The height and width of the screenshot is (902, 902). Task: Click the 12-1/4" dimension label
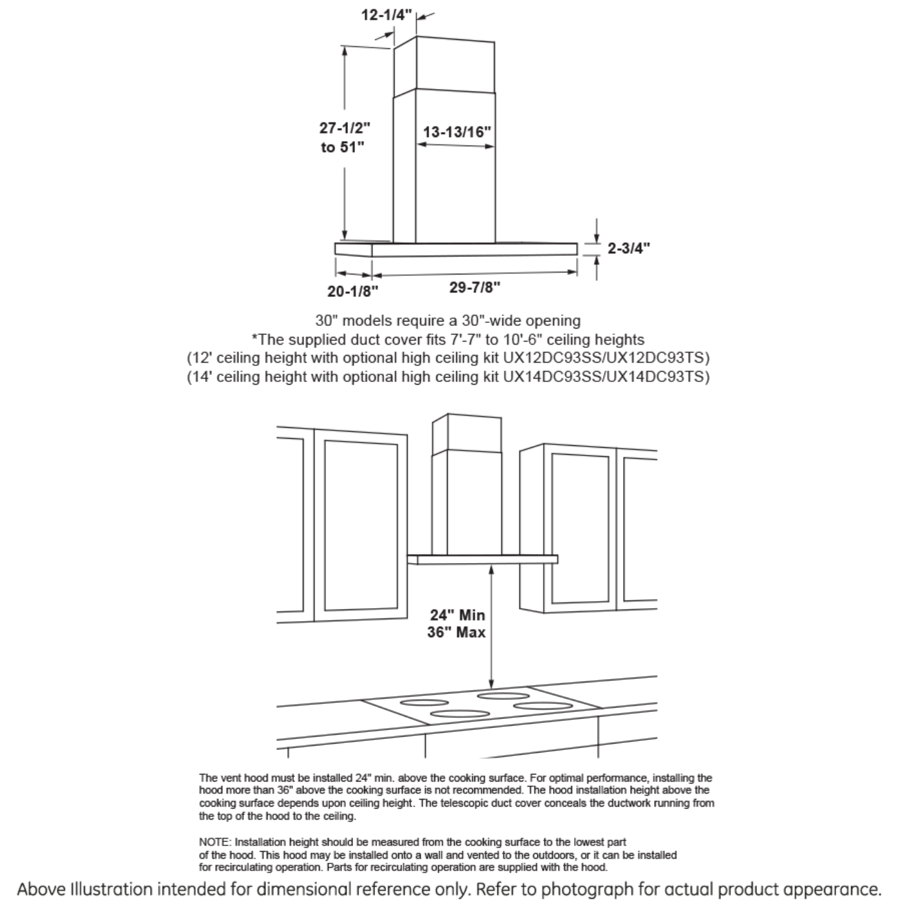tap(386, 15)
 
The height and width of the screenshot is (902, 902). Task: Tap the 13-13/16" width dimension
tap(457, 132)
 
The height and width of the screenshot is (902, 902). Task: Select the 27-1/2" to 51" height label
tap(345, 137)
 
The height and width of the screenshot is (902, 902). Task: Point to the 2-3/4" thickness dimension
tap(628, 248)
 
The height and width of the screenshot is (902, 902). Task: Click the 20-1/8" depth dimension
tap(352, 291)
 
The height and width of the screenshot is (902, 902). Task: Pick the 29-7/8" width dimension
tap(475, 287)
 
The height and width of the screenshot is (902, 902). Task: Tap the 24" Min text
tap(457, 615)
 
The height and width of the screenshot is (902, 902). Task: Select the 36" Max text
tap(456, 633)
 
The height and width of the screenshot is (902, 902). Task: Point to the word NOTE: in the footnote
tap(215, 842)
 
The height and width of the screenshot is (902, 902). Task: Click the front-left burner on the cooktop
tap(460, 714)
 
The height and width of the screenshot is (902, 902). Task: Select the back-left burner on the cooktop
tap(424, 702)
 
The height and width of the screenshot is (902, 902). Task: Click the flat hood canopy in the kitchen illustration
tap(483, 559)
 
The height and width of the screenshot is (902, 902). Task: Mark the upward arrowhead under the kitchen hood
tap(492, 569)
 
